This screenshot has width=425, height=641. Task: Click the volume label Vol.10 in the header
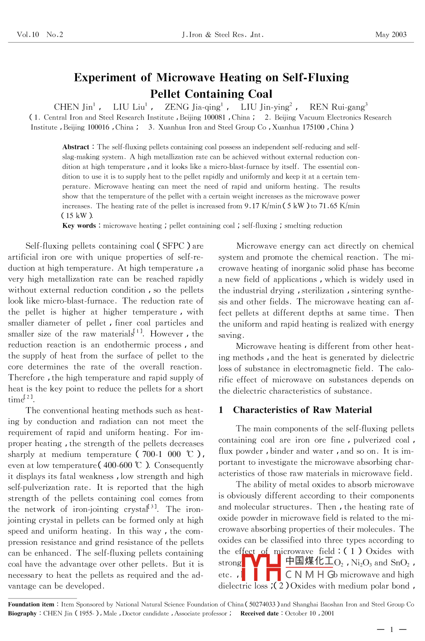28,35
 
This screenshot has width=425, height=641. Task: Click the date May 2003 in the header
391,35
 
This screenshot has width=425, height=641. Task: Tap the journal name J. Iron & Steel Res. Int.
223,35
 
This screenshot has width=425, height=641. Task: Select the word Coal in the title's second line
260,94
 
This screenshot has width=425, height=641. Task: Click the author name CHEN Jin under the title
73,107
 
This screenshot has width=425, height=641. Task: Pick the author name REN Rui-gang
337,107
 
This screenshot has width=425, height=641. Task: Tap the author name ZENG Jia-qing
192,107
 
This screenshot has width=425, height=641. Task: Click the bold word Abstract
76,147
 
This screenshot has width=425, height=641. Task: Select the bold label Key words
79,226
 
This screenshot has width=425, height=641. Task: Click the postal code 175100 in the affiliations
312,127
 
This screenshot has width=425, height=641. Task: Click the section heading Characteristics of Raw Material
302,410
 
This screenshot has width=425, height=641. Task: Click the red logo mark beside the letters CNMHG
261,568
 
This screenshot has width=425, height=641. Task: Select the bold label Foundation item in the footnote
31,604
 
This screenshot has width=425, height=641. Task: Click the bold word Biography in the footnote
22,614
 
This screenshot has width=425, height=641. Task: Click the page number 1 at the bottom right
392,630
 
